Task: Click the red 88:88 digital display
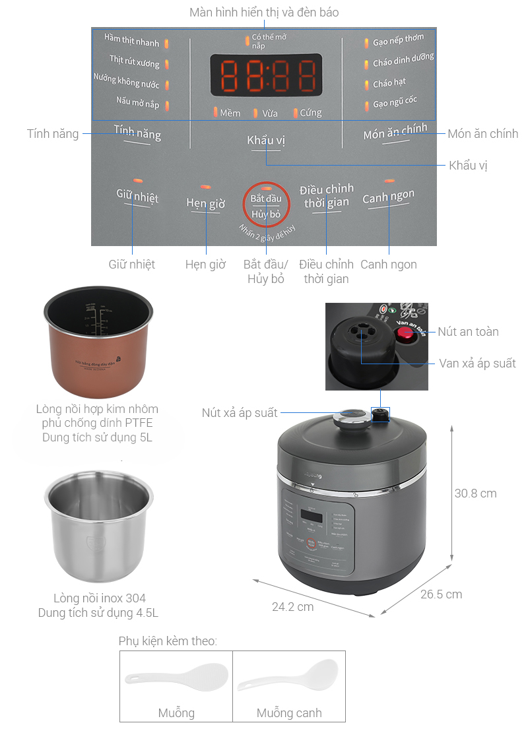click(x=266, y=75)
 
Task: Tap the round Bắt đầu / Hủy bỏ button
click(x=266, y=205)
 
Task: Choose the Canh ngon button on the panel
click(x=388, y=197)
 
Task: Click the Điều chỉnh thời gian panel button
click(x=326, y=197)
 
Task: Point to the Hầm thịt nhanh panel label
click(x=132, y=42)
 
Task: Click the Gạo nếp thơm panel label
click(x=398, y=42)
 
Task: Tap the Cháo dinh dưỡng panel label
click(x=403, y=62)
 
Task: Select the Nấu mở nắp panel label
click(x=138, y=104)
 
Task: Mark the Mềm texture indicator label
click(x=230, y=113)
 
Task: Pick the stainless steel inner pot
click(x=98, y=524)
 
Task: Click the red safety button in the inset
click(x=403, y=334)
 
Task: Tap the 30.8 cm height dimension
click(x=475, y=493)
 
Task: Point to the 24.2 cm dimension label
click(x=292, y=606)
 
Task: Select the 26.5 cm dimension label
click(x=441, y=594)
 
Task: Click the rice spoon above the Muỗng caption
click(x=176, y=678)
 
